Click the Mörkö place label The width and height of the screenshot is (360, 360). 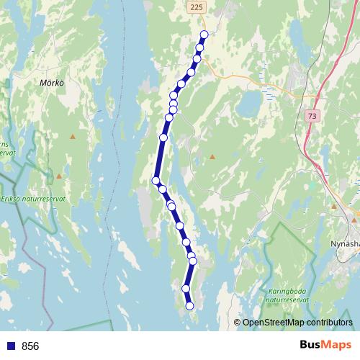click(52, 83)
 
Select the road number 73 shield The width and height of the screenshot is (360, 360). click(311, 115)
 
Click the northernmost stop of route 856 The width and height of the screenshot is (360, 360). click(204, 34)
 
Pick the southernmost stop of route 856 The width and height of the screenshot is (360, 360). click(190, 306)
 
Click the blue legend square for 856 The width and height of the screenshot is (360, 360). click(10, 346)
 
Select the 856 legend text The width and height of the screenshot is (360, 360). click(30, 346)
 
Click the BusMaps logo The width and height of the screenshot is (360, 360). click(326, 346)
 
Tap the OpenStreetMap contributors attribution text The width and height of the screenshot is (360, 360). click(297, 323)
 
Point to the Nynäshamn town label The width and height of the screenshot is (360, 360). click(346, 243)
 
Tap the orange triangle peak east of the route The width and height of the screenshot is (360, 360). click(212, 156)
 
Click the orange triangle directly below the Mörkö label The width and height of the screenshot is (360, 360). click(72, 136)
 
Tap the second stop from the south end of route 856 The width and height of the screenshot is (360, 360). click(186, 288)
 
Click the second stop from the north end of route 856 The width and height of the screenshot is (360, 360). click(199, 48)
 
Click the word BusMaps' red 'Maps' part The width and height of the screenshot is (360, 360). click(338, 346)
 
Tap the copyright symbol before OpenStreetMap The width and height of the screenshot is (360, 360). click(238, 323)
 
